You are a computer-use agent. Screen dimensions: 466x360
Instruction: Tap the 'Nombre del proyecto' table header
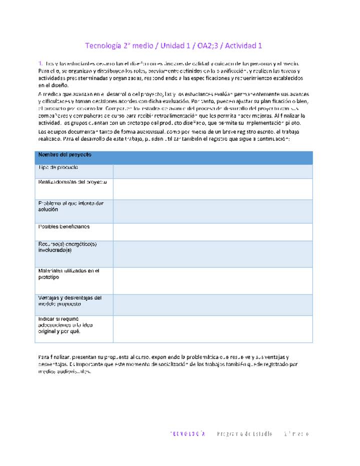point(65,155)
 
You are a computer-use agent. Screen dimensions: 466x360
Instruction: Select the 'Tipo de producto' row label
point(58,167)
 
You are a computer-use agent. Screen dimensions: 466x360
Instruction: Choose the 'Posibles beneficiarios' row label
point(64,226)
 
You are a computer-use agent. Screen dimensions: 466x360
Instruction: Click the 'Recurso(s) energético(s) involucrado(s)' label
point(67,247)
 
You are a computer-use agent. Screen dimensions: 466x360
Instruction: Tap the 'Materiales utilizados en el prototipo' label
point(69,274)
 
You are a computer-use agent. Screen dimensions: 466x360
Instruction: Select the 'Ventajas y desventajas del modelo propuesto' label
point(70,301)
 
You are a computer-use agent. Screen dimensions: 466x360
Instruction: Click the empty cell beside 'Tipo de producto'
point(212,171)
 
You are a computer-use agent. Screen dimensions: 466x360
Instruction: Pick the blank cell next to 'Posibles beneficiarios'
point(212,231)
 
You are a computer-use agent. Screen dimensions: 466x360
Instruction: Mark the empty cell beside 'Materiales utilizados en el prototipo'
point(212,280)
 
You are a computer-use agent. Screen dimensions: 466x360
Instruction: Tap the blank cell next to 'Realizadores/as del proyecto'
point(212,188)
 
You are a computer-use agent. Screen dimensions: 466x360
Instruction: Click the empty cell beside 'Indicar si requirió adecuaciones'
point(212,328)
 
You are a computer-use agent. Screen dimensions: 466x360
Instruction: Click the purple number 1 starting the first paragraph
point(40,63)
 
